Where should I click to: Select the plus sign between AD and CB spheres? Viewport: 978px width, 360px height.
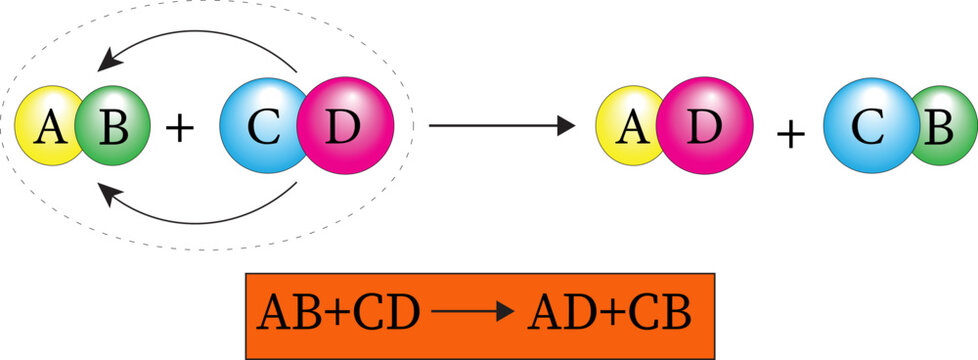coord(790,133)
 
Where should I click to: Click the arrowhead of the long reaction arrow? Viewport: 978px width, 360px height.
coord(566,126)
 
